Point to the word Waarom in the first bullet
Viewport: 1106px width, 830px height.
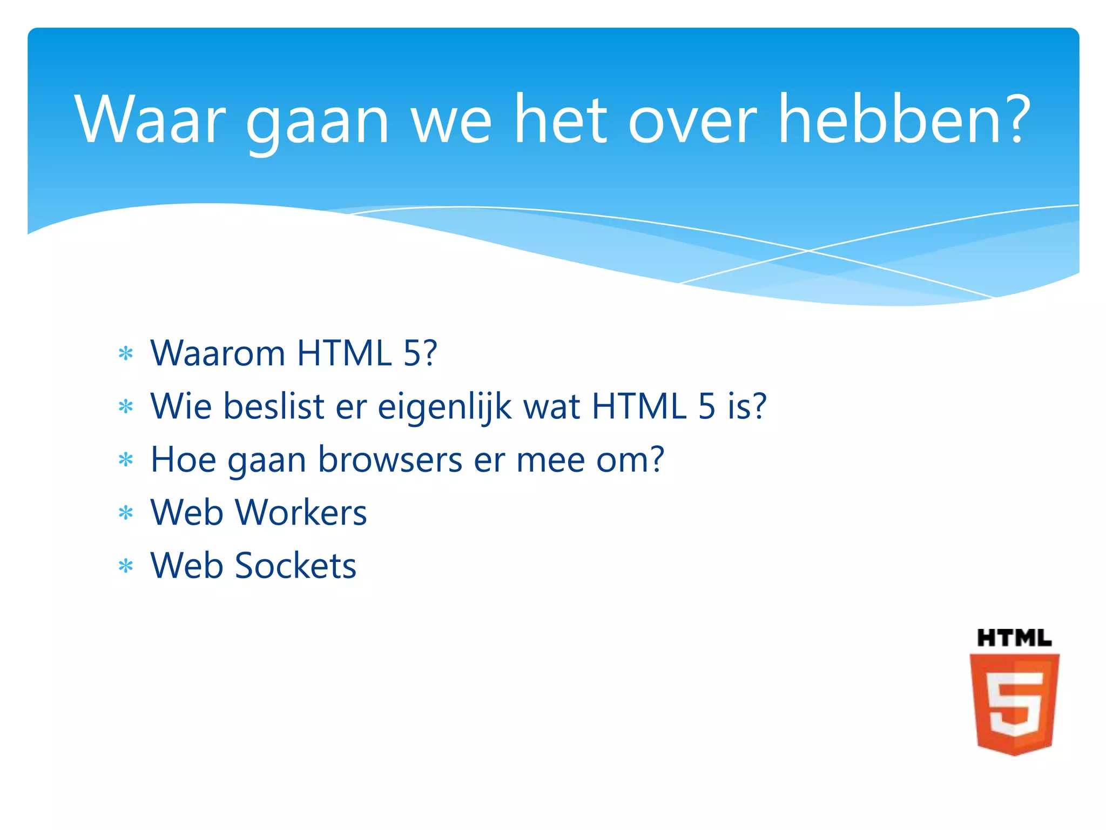pos(218,353)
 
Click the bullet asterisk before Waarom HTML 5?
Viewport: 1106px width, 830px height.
pos(126,354)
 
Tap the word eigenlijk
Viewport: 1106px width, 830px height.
pos(445,407)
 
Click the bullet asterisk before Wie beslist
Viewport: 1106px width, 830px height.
pos(126,407)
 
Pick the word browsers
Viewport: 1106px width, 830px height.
pos(390,460)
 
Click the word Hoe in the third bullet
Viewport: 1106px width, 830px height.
pos(183,460)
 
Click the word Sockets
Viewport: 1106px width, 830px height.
pos(295,566)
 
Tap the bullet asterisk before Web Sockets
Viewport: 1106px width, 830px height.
pos(126,566)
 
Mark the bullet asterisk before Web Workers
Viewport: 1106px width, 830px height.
pos(126,513)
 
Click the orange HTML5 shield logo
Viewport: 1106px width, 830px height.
pos(1014,702)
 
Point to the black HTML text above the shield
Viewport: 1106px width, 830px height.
pos(1014,639)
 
